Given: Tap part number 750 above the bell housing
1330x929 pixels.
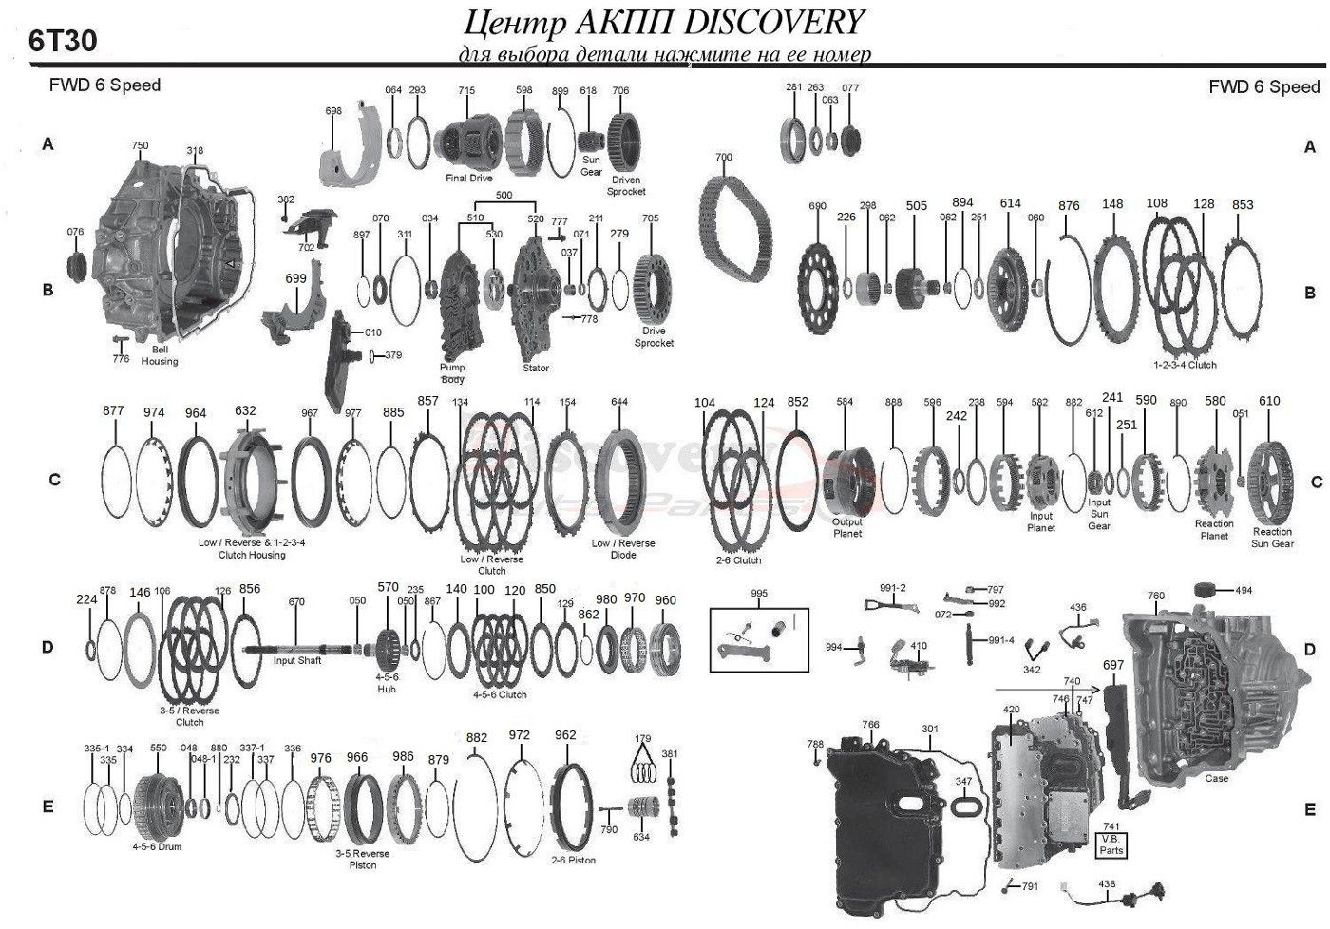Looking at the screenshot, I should pos(140,146).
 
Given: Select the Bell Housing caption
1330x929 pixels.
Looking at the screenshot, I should pos(160,355).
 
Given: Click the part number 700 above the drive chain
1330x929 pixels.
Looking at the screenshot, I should pos(723,157).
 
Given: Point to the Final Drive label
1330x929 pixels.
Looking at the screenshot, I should pos(468,178).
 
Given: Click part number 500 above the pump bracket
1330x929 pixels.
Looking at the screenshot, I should pos(503,195).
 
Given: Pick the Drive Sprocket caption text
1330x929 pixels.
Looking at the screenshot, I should pos(654,337).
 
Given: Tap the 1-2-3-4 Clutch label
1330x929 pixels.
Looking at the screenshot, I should pos(1185,365).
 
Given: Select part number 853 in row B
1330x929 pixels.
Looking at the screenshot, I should pos(1243,205).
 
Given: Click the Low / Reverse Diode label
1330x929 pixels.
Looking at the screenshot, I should pos(622,549).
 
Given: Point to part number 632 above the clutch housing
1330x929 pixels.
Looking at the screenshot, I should pos(245,411).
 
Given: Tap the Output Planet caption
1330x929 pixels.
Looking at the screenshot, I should pos(847,527).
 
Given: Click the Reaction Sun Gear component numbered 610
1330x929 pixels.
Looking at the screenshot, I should pos(1270,481).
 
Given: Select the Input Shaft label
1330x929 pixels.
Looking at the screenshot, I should pos(297,660).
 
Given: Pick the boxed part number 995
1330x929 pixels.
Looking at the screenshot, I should pos(759,594).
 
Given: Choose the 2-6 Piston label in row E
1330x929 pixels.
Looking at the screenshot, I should pos(574,860).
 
